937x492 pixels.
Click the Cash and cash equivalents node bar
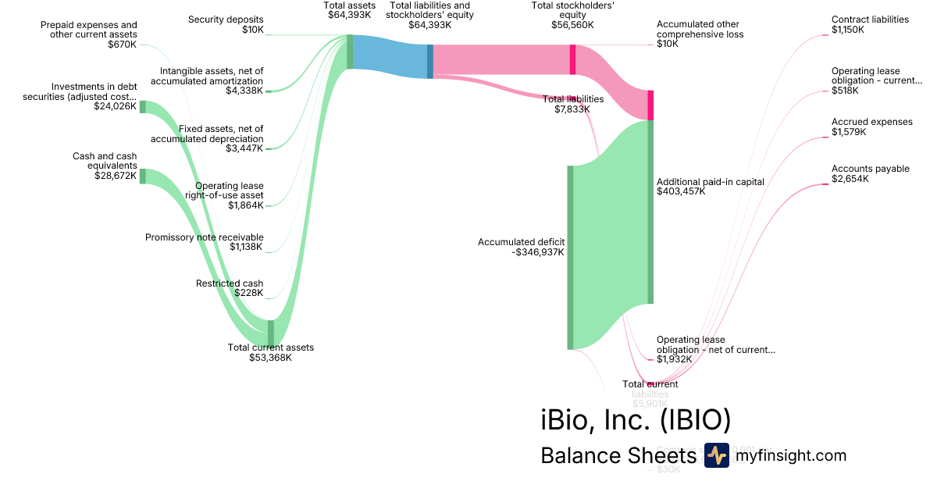coord(142,176)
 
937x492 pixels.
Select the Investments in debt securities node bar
coord(142,107)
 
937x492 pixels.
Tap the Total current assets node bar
coord(271,332)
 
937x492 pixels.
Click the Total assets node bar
coord(350,52)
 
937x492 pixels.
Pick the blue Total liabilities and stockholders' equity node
coord(429,61)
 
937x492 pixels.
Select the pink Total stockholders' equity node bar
coord(572,59)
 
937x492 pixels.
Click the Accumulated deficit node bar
coord(570,258)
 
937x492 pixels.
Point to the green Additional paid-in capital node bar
coord(650,211)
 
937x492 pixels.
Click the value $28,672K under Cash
coord(116,176)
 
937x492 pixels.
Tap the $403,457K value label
coord(681,191)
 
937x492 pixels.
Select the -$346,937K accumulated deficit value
coord(538,252)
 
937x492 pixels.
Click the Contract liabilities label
coord(870,20)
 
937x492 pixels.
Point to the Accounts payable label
coord(870,169)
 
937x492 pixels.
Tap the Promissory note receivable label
coord(205,237)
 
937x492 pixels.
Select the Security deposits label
coord(226,20)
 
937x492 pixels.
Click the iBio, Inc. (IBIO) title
coord(636,419)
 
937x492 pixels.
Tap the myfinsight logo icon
coord(716,455)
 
